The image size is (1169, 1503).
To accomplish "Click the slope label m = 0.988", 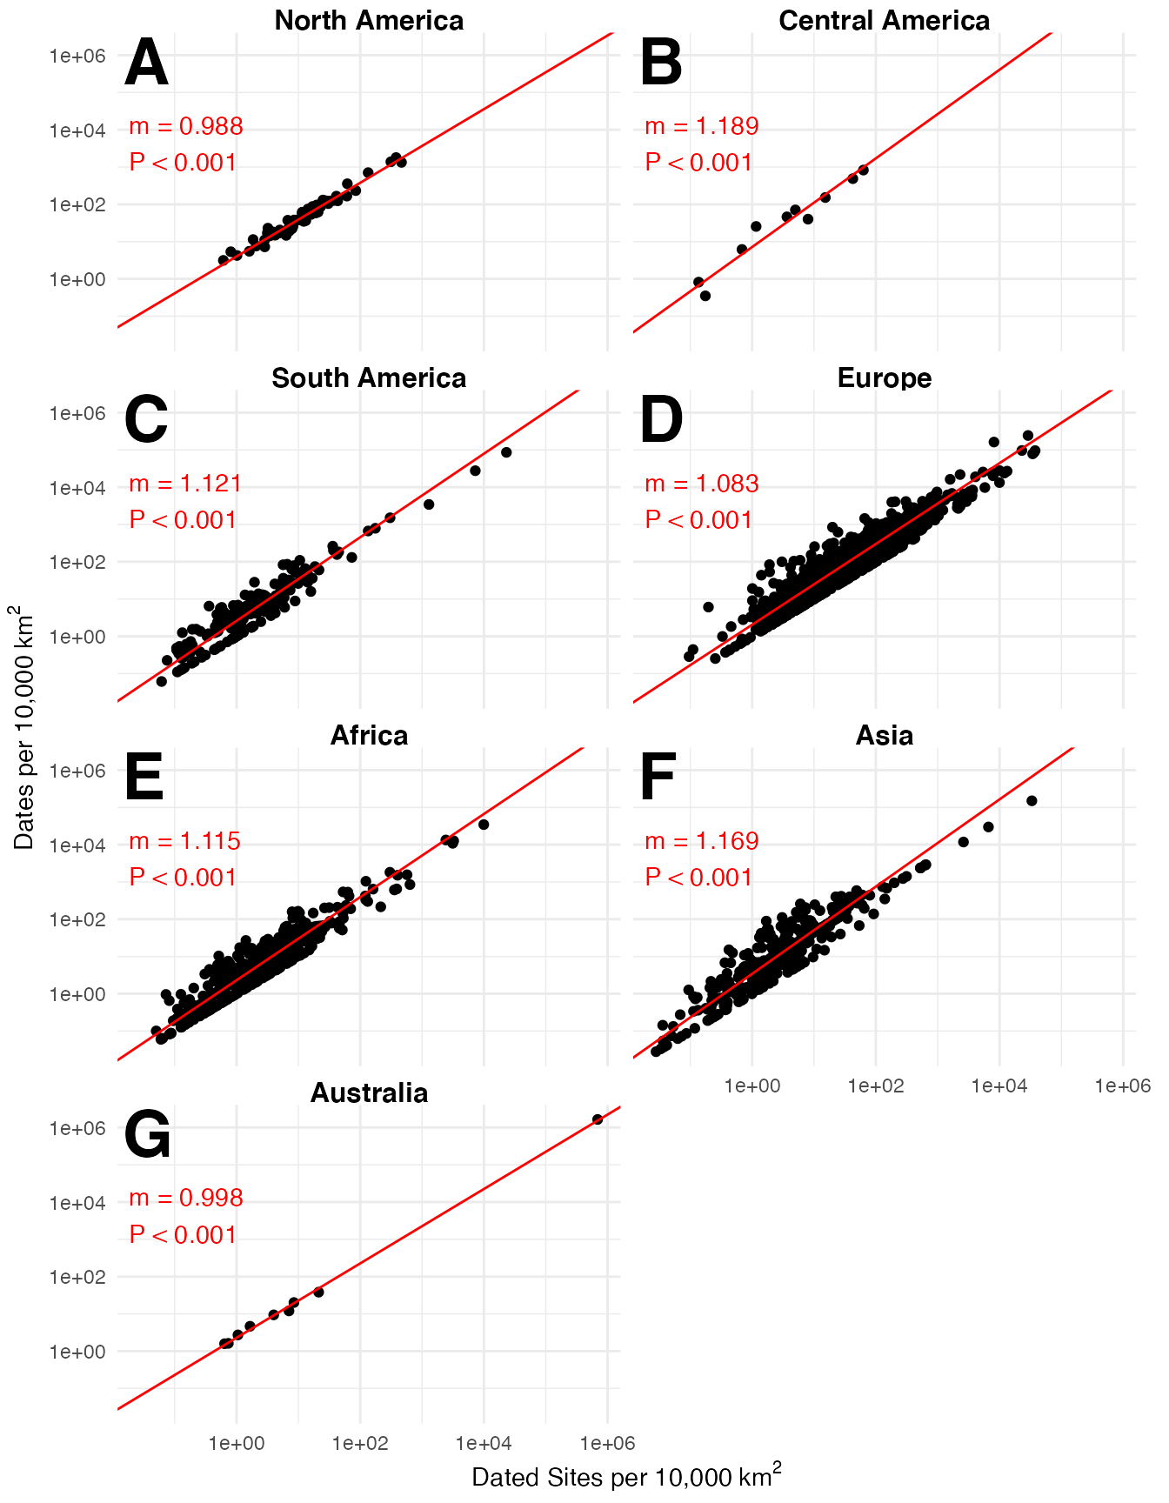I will pos(185,127).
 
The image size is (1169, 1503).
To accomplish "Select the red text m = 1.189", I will pos(701,127).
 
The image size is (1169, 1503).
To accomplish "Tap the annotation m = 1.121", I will pos(185,484).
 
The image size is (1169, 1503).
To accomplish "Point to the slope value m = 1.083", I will pos(701,484).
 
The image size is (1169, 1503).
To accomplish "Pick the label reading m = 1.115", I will pos(185,841).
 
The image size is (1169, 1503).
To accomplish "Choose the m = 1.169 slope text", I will pos(701,841).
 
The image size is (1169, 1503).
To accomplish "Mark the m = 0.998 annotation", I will pos(185,1199).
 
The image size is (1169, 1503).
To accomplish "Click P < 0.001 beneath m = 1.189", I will pos(698,163).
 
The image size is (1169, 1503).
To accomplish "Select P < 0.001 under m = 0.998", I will pos(183,1234).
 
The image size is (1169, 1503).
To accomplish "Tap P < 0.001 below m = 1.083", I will pos(698,520).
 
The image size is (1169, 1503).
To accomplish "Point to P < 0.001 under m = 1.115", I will pos(183,877).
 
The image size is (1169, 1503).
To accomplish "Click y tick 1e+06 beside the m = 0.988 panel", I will pos(77,56).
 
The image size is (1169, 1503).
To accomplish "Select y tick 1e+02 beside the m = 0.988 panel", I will pos(77,205).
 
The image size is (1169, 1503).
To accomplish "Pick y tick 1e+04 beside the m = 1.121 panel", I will pos(77,488).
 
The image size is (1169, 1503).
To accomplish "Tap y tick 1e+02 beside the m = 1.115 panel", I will pos(77,920).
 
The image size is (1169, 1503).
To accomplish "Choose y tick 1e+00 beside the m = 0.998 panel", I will pos(77,1353).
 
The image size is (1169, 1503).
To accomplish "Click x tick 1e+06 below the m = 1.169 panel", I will pos(1123,1085).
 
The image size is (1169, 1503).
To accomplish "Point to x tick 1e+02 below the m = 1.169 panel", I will pos(876,1085).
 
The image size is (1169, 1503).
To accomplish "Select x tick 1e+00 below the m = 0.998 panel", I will pos(237,1444).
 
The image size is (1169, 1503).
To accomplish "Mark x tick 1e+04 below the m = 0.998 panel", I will pos(484,1444).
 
